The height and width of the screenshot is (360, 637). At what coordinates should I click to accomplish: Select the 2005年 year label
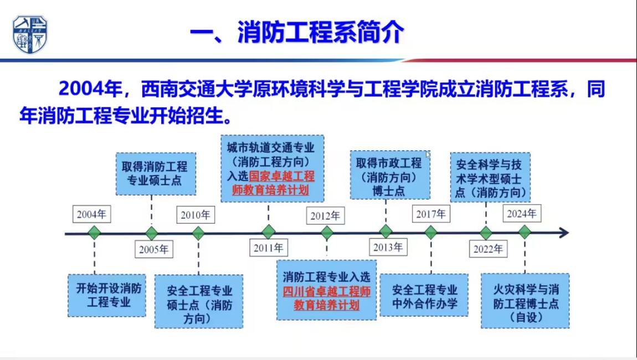tap(153, 249)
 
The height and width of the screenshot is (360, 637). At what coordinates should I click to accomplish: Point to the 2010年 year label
tap(195, 214)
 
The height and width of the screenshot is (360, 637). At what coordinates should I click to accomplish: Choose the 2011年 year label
tap(268, 248)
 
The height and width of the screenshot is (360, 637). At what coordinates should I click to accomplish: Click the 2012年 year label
tap(325, 215)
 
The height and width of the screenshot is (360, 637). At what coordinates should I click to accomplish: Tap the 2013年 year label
tap(388, 248)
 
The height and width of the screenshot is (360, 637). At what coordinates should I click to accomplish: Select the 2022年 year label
tap(488, 249)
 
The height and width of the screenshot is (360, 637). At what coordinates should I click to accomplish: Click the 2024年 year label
tap(521, 213)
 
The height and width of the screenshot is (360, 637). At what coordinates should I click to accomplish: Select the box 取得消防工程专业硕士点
tap(155, 173)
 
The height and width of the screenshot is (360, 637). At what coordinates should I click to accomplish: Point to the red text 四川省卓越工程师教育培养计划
tap(326, 298)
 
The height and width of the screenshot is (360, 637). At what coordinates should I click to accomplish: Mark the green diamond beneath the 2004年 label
tap(94, 233)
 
